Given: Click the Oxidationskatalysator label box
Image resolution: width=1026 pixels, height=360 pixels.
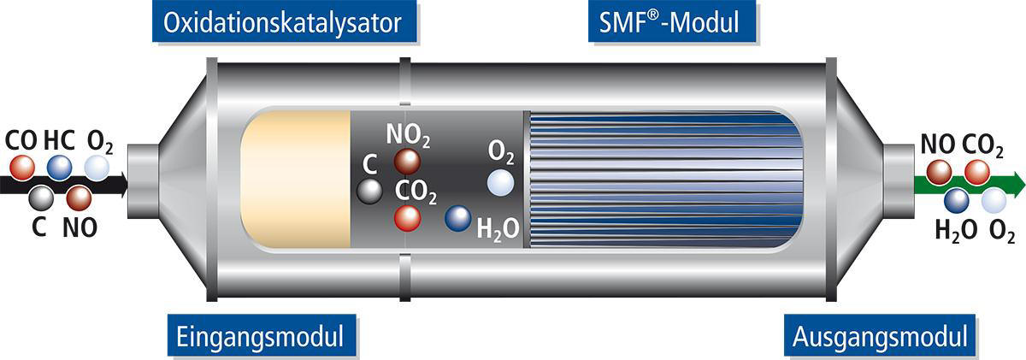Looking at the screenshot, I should coord(282,22).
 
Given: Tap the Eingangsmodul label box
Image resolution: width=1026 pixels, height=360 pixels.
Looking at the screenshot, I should coord(256,336).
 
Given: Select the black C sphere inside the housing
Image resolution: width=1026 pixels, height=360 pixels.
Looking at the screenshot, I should coord(369,191).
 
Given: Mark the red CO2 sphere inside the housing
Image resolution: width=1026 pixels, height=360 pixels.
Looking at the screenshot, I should coord(407,218).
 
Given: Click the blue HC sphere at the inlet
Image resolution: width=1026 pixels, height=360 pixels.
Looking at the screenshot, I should coord(59,167).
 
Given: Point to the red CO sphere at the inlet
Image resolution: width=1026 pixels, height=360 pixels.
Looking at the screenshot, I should coord(21,167).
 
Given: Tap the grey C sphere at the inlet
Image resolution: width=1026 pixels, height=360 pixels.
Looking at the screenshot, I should coord(39,198).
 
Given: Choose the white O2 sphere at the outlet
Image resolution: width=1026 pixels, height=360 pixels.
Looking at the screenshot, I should coord(994,200).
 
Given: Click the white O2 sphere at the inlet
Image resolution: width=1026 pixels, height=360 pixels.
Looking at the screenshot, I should coord(97,167).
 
